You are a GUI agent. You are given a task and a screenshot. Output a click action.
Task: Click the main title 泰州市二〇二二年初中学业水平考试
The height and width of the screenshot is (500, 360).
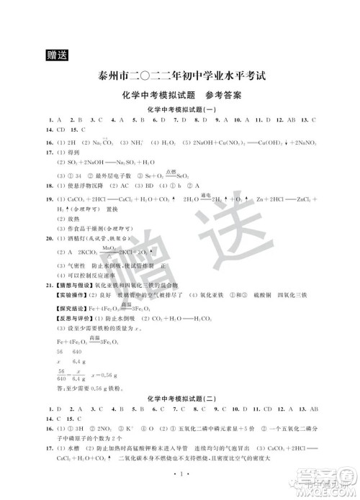pyautogui.click(x=181, y=77)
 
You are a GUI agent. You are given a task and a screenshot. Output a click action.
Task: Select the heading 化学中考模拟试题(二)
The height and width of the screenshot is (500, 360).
pyautogui.click(x=181, y=396)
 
